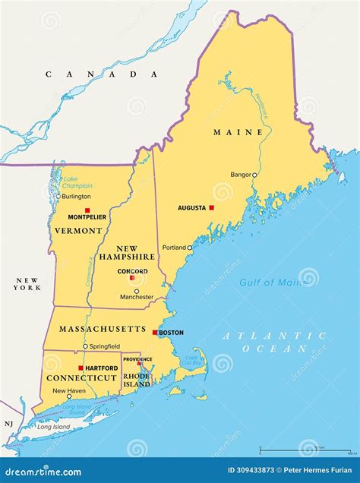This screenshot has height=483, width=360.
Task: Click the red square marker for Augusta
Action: click(212, 207)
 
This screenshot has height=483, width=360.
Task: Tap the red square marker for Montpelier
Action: click(87, 210)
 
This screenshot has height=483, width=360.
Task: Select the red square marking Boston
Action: click(155, 333)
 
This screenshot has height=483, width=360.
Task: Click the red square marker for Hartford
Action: click(81, 368)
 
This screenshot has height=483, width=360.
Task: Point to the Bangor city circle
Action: click(254, 175)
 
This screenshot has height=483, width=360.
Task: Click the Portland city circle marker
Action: click(190, 248)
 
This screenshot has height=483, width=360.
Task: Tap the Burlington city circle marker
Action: click(58, 196)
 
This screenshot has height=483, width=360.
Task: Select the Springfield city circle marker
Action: click(85, 346)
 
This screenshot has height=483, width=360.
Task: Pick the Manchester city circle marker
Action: click(137, 291)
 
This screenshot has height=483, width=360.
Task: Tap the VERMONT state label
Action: click(77, 230)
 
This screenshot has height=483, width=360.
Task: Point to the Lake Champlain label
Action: click(77, 182)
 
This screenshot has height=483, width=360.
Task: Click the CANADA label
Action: click(101, 74)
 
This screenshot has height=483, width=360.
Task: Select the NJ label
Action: click(8, 424)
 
